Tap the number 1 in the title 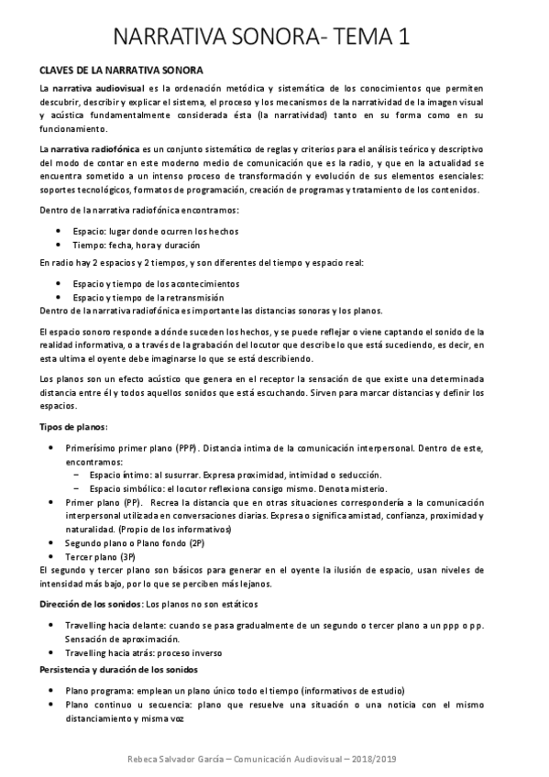(x=402, y=38)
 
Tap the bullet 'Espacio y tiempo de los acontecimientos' (x=156, y=284)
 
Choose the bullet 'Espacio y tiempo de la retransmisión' (x=148, y=297)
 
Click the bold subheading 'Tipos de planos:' (x=73, y=428)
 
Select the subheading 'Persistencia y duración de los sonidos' (x=125, y=671)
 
